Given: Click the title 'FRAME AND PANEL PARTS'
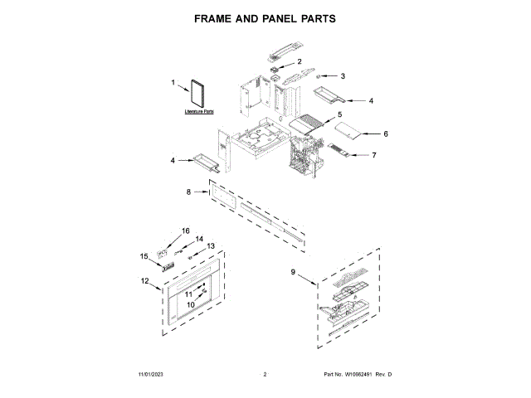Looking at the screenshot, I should pos(265,17).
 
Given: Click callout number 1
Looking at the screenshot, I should pos(173,83).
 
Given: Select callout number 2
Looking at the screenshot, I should pos(300,62).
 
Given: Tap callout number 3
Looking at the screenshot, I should pos(343,76).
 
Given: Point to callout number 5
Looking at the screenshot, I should pos(339,114).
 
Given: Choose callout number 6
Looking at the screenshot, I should pos(385,133).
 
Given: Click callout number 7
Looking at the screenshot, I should pos(374,155).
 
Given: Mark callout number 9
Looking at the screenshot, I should pos(293,272).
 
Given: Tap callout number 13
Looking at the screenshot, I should pos(211,246).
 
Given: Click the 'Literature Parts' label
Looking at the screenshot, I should pos(198,110).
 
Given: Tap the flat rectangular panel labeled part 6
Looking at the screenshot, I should pos(346,132).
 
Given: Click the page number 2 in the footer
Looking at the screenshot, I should pos(264,376).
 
